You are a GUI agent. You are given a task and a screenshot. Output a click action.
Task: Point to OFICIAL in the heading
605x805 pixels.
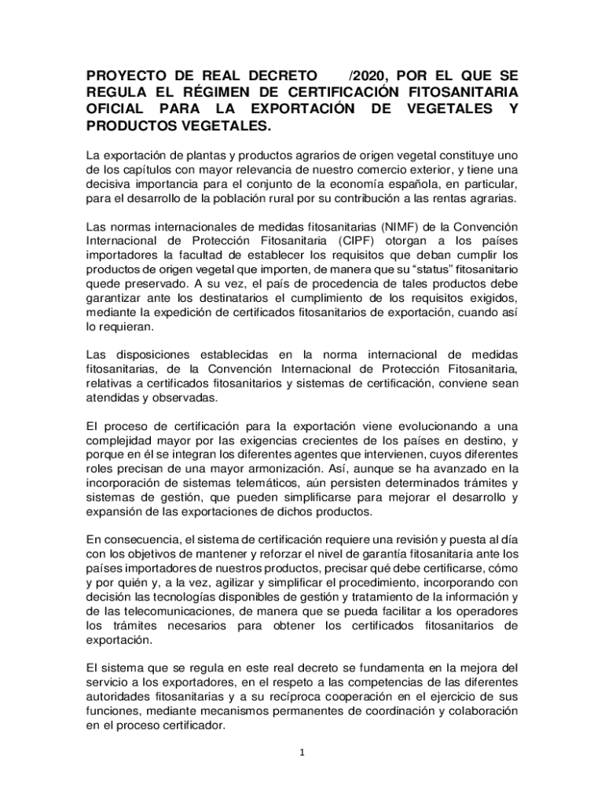(115, 109)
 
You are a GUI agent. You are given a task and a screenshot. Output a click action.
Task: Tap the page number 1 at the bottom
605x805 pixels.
(302, 752)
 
